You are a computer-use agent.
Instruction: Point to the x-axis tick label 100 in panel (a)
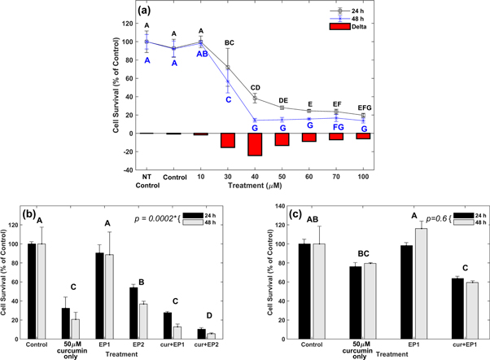(363, 176)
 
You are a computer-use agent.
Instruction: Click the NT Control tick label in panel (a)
(147, 180)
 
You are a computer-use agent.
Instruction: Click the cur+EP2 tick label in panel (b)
(211, 345)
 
